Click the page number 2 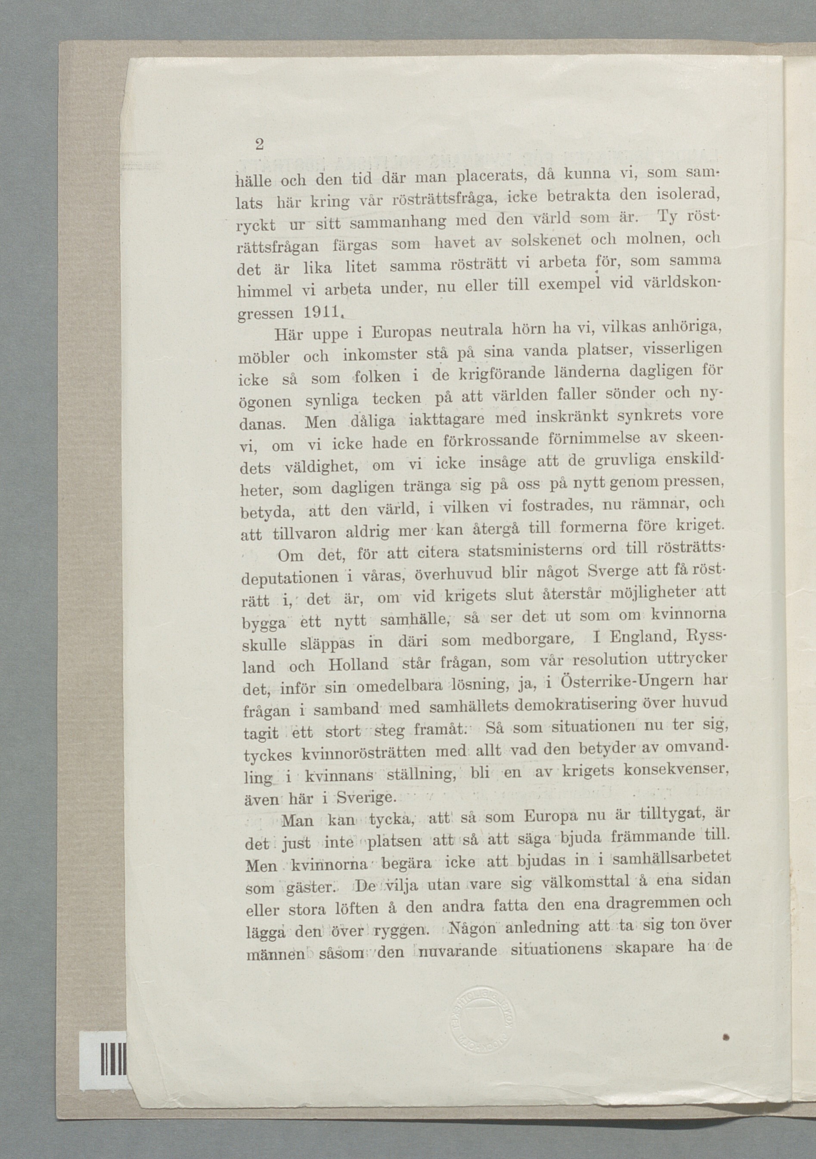coord(259,145)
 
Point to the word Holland coord(358,663)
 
